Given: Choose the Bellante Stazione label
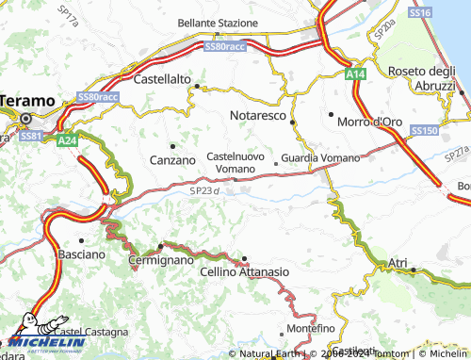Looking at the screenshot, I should point(219,23).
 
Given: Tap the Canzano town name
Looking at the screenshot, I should point(172,160).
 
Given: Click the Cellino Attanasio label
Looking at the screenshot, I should point(245,271).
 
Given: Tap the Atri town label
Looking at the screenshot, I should point(398,261).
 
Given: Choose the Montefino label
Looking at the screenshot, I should point(312,327).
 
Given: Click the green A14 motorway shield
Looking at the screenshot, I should point(354,74).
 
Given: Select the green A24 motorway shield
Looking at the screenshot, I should point(67,140).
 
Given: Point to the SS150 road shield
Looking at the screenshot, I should point(425,131).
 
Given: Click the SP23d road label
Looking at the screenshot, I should point(203,191).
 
